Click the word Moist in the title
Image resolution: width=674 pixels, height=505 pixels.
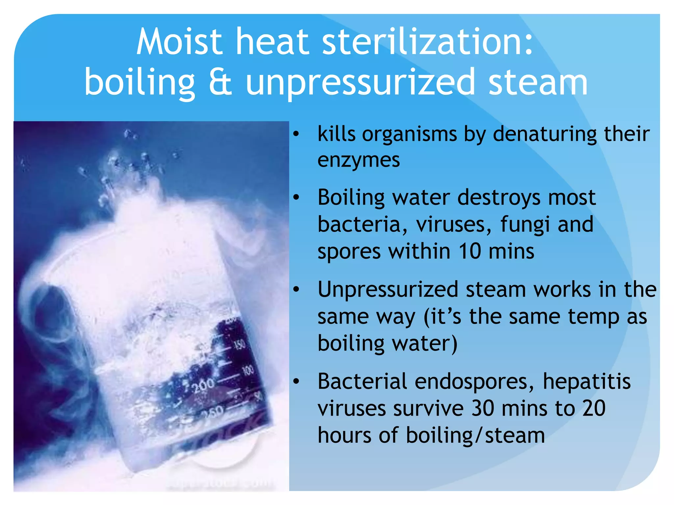pos(179,42)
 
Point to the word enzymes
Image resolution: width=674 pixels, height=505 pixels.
pos(358,161)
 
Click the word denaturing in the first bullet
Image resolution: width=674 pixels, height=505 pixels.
pos(545,134)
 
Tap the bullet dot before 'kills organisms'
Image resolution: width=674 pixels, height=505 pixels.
pos(296,134)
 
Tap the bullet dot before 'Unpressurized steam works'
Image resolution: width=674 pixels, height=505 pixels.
pos(296,289)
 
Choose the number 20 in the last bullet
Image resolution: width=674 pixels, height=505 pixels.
pos(594,408)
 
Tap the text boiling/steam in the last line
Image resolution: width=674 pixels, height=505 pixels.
pos(475,435)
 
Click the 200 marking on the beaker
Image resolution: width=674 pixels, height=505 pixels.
pos(204,385)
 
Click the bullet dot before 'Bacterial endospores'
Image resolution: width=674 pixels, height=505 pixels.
pos(296,381)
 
